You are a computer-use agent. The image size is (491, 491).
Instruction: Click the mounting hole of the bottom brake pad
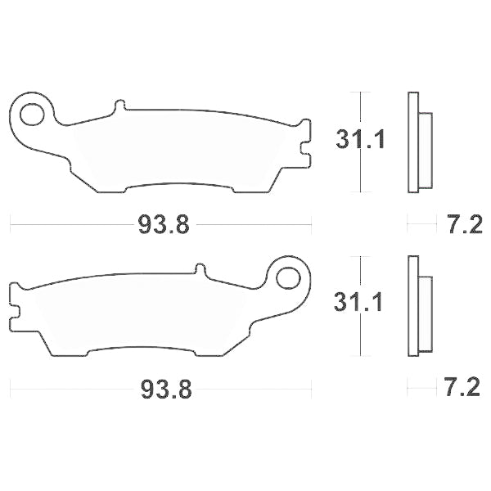287,278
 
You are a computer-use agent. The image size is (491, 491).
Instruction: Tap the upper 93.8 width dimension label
161,222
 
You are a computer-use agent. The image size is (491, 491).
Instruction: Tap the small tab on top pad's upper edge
120,106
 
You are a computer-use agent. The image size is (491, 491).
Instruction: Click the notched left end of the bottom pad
15,304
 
